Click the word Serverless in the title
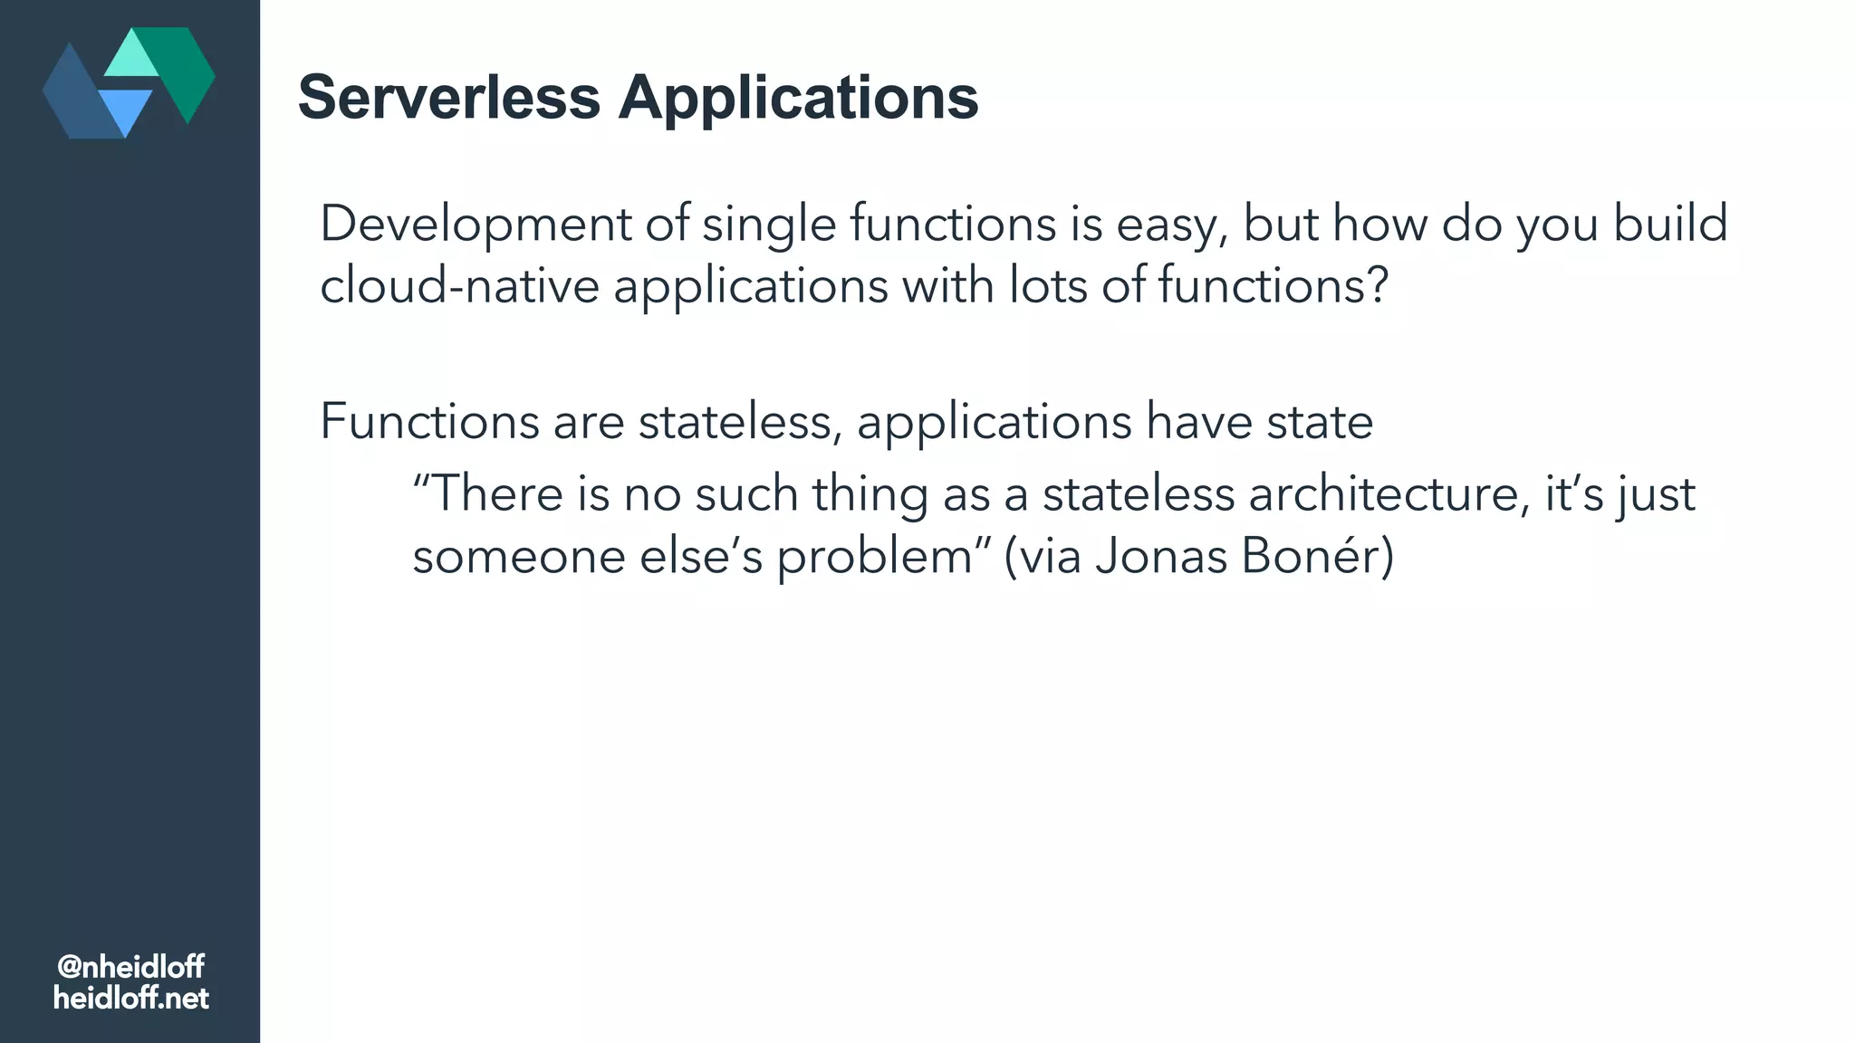coord(449,98)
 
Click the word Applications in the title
coord(798,98)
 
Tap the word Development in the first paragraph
coord(475,224)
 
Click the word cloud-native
coord(459,286)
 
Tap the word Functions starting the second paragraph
coord(429,422)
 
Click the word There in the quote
coord(497,494)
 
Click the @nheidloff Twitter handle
coord(130,967)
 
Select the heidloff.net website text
coord(130,999)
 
